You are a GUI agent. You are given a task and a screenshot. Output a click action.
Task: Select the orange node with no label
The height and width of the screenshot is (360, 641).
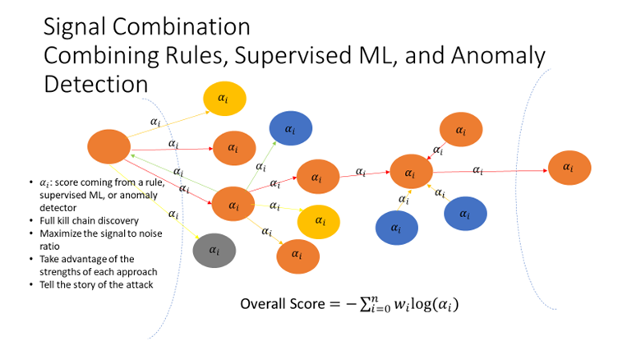click(108, 147)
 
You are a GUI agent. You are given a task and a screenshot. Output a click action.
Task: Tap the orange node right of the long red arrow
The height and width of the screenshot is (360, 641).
click(569, 167)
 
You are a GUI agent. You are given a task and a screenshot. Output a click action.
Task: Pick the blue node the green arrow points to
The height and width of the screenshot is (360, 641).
click(289, 130)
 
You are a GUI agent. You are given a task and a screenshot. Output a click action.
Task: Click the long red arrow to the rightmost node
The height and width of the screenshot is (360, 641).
click(485, 171)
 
